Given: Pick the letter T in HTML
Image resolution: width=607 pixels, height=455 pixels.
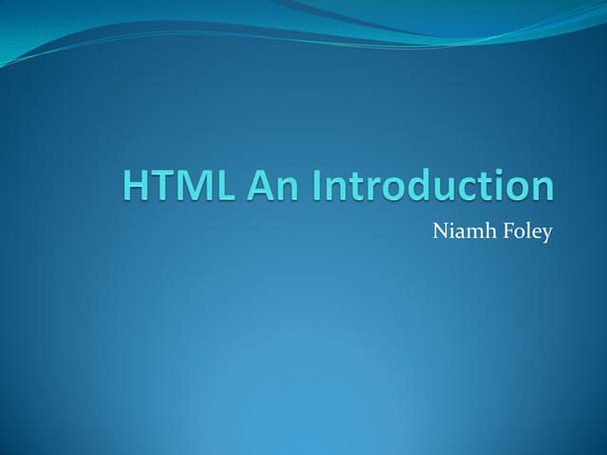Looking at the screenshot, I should click(164, 185).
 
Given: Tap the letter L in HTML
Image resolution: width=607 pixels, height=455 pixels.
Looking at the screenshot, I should click(226, 185).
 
